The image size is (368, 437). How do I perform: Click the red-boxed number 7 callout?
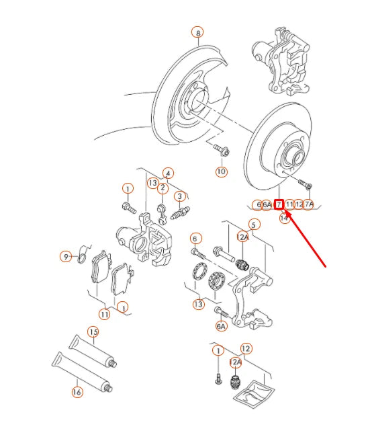point(279,204)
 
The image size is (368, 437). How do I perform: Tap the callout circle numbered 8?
point(197,32)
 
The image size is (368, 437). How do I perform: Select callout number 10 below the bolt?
point(221,171)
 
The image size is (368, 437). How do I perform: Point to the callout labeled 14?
point(285,218)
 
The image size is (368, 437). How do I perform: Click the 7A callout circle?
point(308,204)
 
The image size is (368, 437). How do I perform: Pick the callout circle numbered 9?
point(66,256)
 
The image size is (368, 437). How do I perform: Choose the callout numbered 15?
point(93,332)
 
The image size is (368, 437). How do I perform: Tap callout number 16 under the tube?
point(77,392)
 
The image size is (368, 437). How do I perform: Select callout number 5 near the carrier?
point(254,225)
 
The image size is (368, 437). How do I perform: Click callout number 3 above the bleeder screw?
point(179,196)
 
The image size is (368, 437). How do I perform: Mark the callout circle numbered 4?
point(168,173)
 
